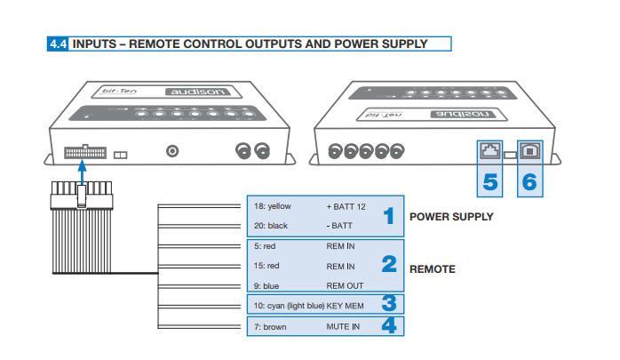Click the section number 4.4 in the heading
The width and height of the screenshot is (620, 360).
[x=60, y=44]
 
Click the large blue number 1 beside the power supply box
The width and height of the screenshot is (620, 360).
[x=387, y=216]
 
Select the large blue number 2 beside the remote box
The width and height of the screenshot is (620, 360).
[x=387, y=264]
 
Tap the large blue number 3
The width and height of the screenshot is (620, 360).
[x=387, y=304]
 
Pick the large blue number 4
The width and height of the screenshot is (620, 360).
[x=387, y=325]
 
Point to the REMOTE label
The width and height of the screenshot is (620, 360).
[x=432, y=268]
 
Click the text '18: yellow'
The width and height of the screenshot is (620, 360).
[x=272, y=206]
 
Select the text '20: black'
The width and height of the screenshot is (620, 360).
[x=271, y=226]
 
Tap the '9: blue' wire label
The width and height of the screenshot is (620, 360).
[x=266, y=285]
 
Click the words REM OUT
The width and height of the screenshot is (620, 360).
[x=345, y=285]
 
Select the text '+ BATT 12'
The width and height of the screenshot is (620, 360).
[x=346, y=206]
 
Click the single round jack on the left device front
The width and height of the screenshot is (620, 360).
[x=173, y=152]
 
